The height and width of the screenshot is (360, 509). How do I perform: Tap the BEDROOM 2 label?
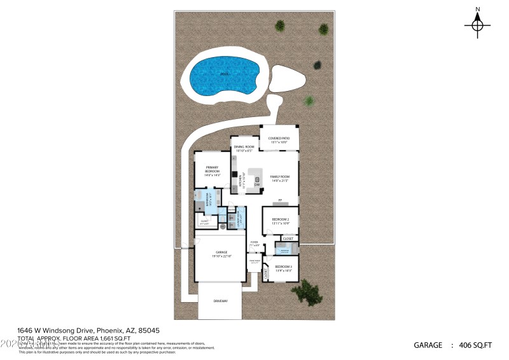[x=281, y=220]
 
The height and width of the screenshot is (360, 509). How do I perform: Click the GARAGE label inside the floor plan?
[x=220, y=253]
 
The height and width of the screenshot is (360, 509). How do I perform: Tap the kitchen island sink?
[x=258, y=181]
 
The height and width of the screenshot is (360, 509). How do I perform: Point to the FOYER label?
[x=254, y=243]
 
